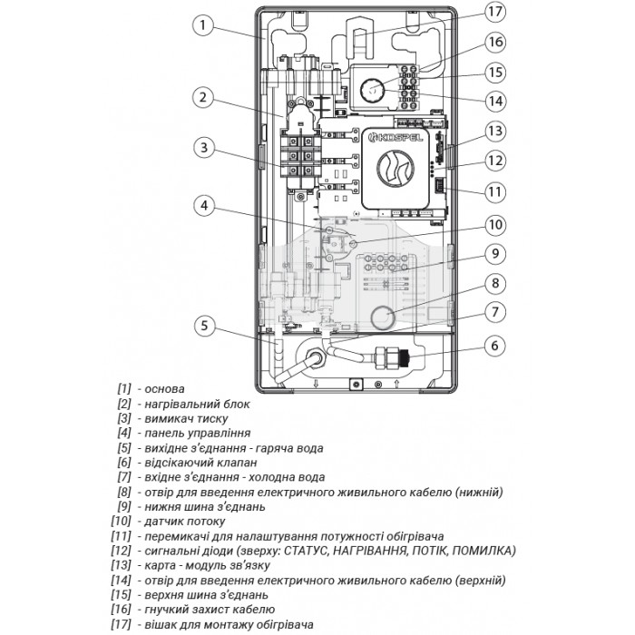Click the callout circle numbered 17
[495, 12]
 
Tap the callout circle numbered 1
[203, 26]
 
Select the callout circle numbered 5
[204, 326]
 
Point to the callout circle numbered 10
[495, 225]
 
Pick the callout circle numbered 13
[495, 132]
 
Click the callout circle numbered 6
[495, 346]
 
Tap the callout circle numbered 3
[204, 147]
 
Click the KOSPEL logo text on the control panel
[396, 138]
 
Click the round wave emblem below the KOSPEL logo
[396, 168]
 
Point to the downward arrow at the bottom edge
[317, 384]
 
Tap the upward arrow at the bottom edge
[397, 384]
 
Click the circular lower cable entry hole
[382, 317]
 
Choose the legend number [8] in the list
[124, 492]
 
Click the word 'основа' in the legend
[164, 389]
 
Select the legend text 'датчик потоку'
[185, 522]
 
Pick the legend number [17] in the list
[122, 624]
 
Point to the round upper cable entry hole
[371, 89]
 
